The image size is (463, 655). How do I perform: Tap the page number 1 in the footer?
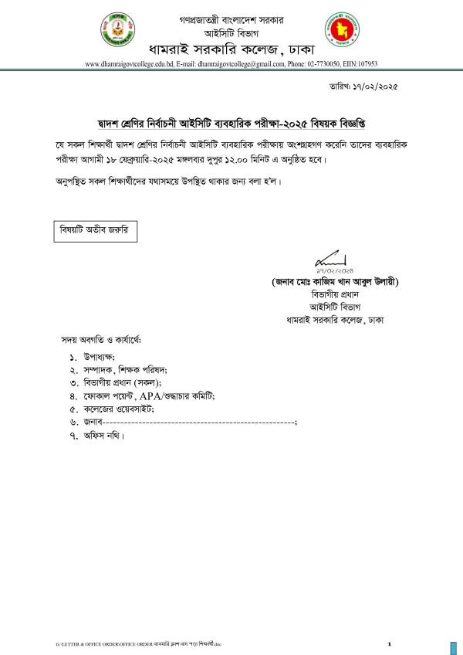tap(390, 643)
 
